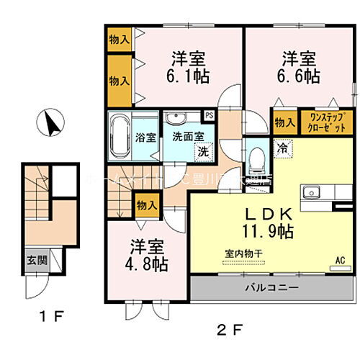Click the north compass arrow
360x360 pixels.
coord(51,124)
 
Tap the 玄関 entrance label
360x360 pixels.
coord(37,260)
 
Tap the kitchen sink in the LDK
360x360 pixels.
coord(311,192)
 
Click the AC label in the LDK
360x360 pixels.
coord(340,260)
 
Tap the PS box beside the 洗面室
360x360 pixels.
coord(209,114)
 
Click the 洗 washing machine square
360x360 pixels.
coord(204,152)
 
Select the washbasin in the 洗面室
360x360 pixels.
coord(175,119)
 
